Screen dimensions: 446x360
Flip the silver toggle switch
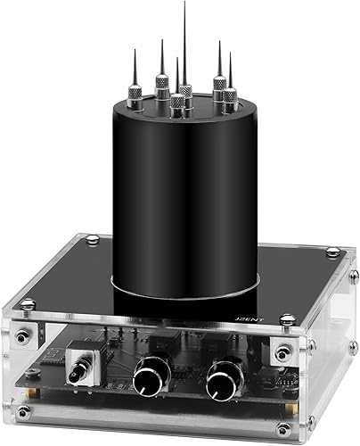point(87,368)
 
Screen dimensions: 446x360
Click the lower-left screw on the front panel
point(25,411)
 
